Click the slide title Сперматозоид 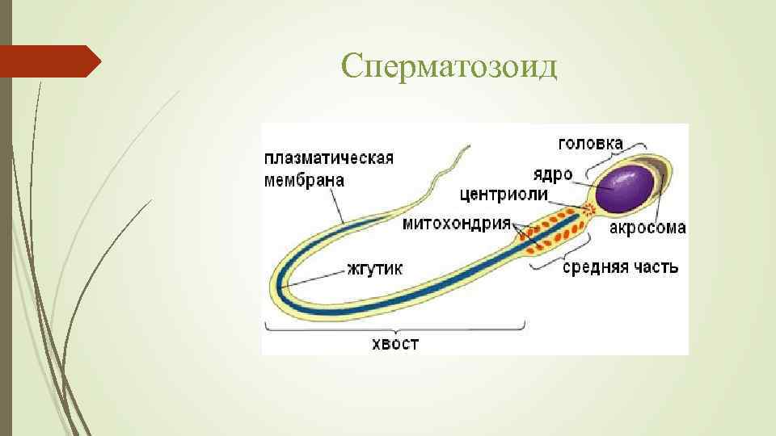[x=449, y=67]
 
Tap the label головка [x=591, y=144]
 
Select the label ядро [x=553, y=174]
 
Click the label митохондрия [x=457, y=223]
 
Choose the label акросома [x=647, y=228]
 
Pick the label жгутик [x=376, y=268]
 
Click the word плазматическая [x=329, y=158]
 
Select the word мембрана [x=304, y=180]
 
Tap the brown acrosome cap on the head [x=661, y=182]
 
